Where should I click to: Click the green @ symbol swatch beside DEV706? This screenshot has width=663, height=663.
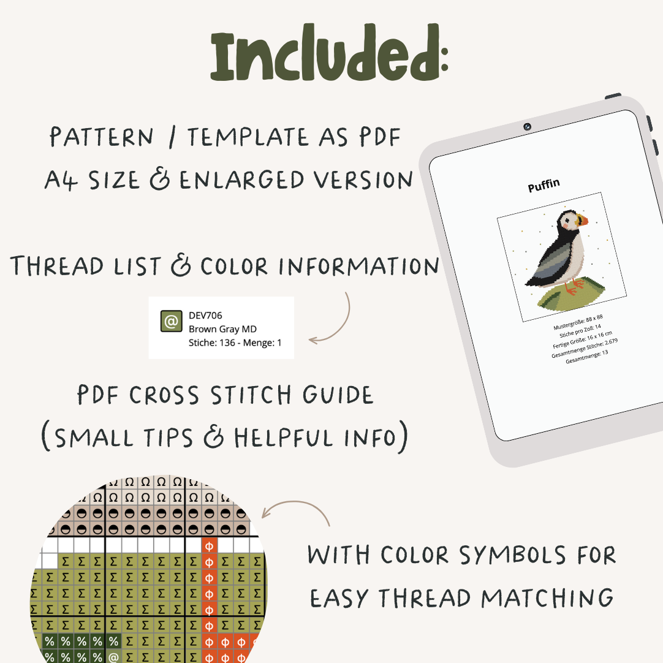pos(171,321)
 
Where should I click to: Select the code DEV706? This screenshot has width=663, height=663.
pos(205,316)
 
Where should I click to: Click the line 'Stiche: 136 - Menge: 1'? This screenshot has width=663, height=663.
pos(235,343)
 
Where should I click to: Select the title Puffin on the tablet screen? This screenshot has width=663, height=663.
pos(544,186)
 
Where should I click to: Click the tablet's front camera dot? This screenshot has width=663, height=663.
pos(527,127)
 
